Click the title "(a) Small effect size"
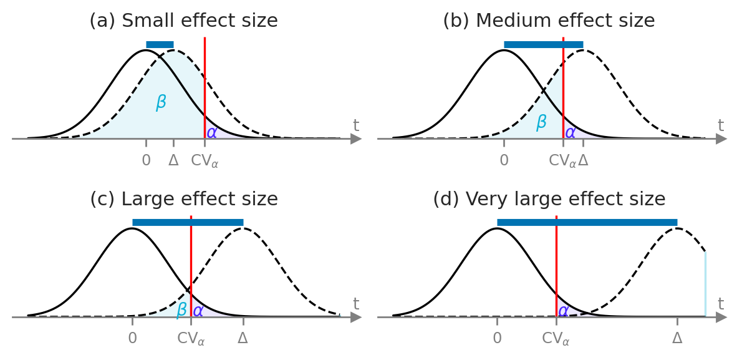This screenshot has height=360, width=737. click(183, 21)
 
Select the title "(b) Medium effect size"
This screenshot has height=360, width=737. click(549, 21)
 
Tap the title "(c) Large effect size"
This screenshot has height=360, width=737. click(183, 200)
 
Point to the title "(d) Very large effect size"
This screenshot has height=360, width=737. click(549, 200)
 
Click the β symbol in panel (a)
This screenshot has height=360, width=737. click(161, 102)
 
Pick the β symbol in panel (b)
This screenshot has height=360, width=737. click(541, 122)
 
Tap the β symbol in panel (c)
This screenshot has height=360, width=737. click(181, 310)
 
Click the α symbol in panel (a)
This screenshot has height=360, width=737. click(212, 132)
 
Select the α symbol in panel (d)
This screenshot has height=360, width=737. click(563, 311)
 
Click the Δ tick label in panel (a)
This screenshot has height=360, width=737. click(173, 160)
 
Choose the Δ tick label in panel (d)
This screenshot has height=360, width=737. click(677, 339)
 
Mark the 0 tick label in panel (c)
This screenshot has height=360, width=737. click(132, 339)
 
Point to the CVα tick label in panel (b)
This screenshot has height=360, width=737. click(562, 161)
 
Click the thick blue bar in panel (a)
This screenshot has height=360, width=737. click(160, 44)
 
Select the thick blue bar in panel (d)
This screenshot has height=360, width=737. click(587, 222)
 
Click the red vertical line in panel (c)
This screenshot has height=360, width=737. click(191, 262)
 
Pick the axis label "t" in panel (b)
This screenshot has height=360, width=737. click(721, 125)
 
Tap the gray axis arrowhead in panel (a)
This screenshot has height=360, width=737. click(356, 139)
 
